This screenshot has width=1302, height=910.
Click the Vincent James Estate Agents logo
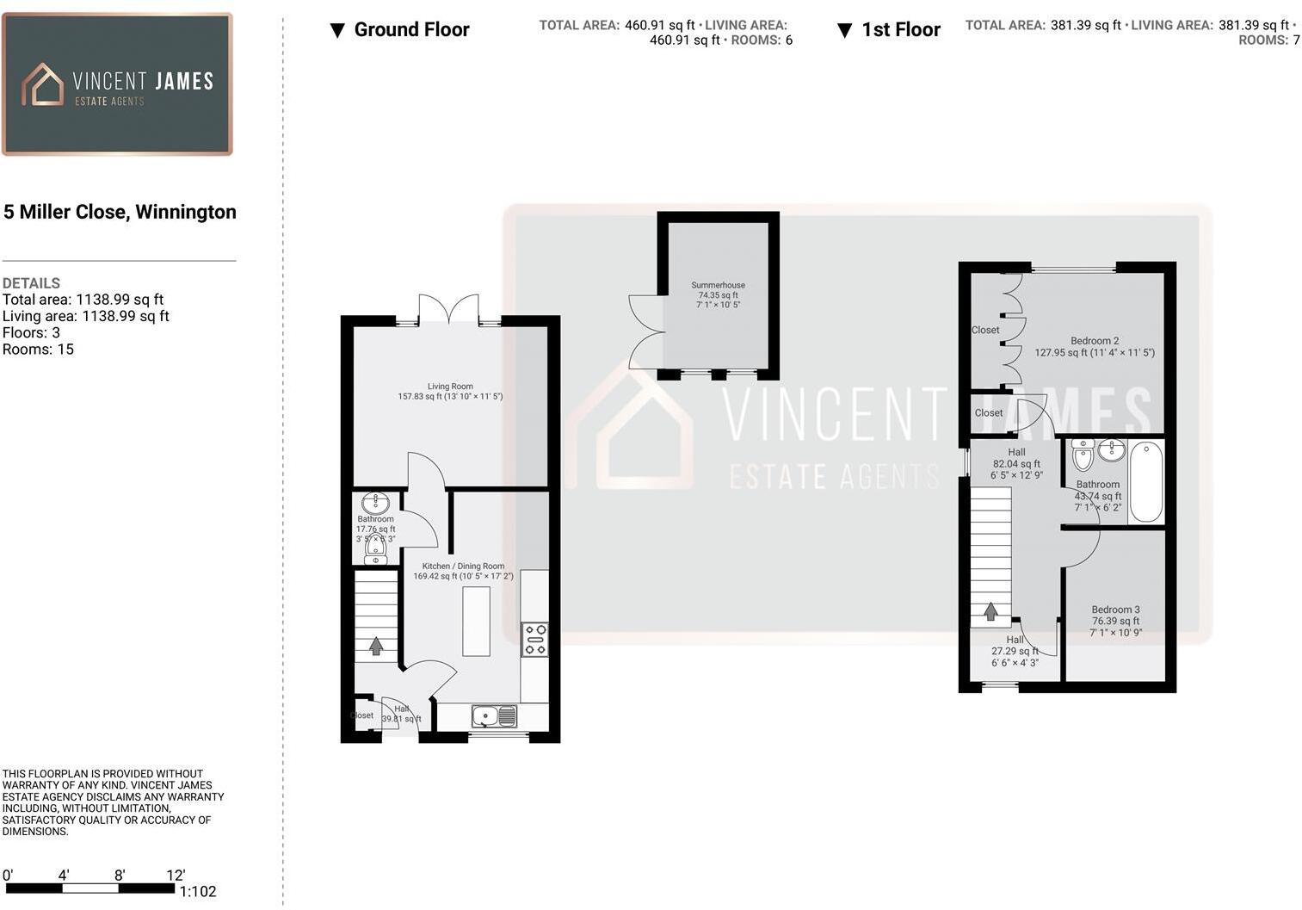117,84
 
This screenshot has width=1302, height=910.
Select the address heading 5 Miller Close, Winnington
120,212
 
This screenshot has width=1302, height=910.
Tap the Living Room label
450,392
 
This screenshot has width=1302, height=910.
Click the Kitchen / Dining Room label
463,571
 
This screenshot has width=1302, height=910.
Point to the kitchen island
476,621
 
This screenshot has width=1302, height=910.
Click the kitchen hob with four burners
534,640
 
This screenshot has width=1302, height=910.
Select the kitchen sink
494,715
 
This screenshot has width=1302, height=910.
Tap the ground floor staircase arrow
376,645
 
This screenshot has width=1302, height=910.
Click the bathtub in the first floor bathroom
1145,481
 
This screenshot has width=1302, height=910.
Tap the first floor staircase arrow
990,611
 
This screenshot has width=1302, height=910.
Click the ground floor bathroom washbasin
375,502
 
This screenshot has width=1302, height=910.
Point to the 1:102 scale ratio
198,892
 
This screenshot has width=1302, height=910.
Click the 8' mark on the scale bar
120,876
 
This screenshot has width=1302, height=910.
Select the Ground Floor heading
411,30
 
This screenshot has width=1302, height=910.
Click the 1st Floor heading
900,30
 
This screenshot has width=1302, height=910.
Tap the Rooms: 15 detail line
38,350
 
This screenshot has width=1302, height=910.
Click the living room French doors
448,308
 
